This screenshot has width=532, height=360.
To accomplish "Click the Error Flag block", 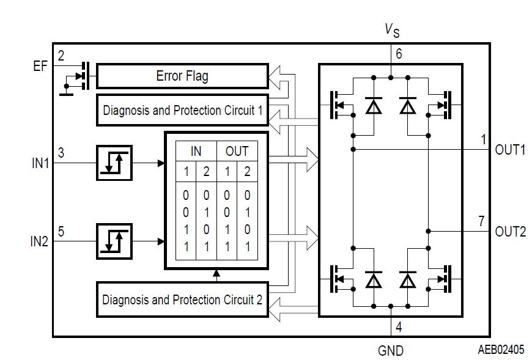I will click(x=182, y=76).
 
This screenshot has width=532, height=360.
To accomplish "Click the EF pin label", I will click(x=40, y=67).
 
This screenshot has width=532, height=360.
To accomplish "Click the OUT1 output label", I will click(x=510, y=150).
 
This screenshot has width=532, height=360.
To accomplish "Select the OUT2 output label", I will click(x=510, y=232).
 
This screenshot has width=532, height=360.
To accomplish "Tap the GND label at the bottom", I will click(x=390, y=351).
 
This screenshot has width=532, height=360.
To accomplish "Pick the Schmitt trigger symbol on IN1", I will click(x=114, y=163).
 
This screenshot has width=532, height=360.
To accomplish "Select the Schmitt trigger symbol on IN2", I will click(x=114, y=241).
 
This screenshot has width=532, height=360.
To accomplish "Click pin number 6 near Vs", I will click(x=399, y=54).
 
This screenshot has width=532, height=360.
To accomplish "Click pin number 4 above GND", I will click(x=399, y=327).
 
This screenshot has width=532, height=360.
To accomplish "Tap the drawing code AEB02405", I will click(x=501, y=350).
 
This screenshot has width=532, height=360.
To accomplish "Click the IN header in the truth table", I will click(x=196, y=151).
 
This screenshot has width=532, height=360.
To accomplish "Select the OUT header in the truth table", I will click(x=237, y=151).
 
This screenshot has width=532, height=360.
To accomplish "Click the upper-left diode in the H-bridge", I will click(x=372, y=106).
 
